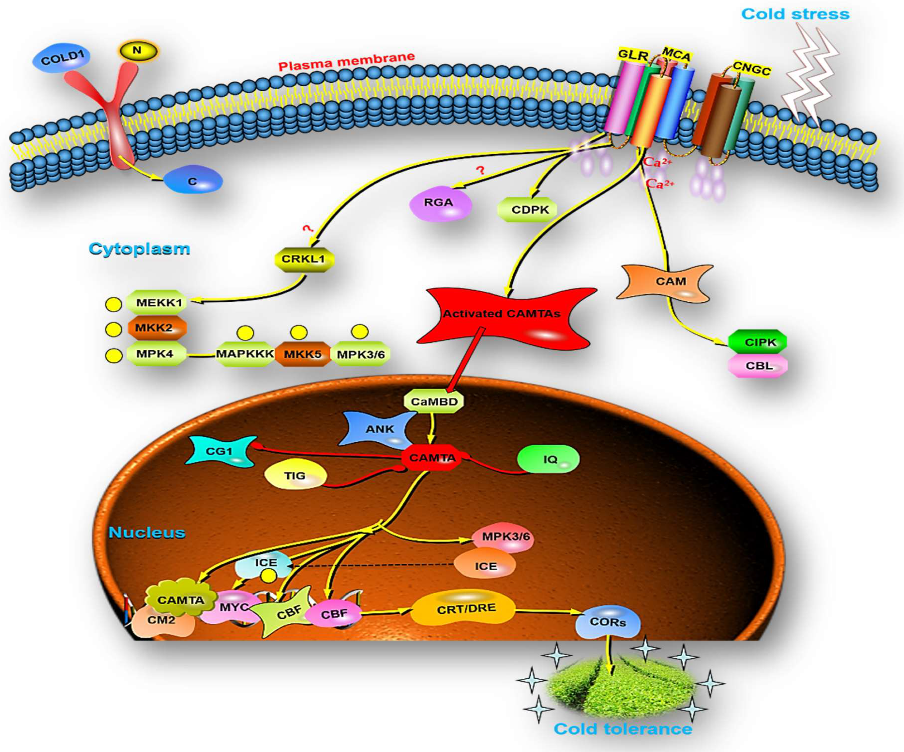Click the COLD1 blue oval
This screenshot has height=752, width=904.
pyautogui.click(x=61, y=59)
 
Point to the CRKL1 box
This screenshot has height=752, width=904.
pyautogui.click(x=303, y=259)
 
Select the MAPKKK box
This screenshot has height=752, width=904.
pyautogui.click(x=244, y=354)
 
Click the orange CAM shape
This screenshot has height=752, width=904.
pyautogui.click(x=666, y=283)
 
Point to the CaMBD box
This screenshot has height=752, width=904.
pyautogui.click(x=434, y=401)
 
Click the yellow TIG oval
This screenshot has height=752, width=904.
pyautogui.click(x=295, y=476)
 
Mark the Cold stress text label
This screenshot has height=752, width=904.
pyautogui.click(x=795, y=14)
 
